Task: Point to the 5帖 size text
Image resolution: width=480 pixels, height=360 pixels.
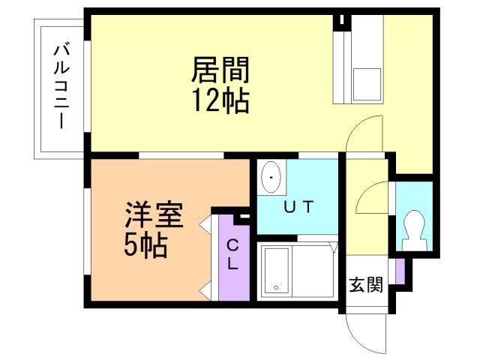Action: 145,245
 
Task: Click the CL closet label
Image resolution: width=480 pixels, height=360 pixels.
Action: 232,254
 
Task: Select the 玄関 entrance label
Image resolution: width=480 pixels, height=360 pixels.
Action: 366,284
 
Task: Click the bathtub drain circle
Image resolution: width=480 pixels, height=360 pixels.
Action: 276,287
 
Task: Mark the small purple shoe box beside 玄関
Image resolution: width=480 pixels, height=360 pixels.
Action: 400,271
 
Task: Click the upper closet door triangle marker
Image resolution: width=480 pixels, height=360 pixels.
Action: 204,223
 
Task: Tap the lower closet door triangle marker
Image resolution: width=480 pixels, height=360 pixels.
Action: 204,288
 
